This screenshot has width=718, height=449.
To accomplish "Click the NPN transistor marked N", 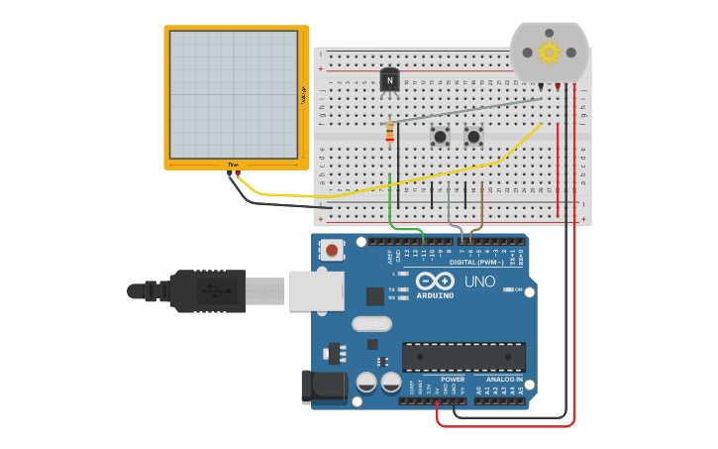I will [x=390, y=79].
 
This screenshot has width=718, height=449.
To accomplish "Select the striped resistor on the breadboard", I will [x=389, y=132].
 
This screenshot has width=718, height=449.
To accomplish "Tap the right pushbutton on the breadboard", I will [x=474, y=136].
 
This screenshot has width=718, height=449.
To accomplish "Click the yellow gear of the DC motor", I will [x=549, y=52].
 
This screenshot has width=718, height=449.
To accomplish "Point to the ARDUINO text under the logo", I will [x=435, y=295].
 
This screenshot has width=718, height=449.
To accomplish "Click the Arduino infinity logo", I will [x=435, y=281].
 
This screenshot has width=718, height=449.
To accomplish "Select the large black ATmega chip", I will [x=463, y=357].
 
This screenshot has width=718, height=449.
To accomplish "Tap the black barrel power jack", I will [x=323, y=387].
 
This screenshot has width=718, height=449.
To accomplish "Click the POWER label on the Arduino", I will [x=453, y=379].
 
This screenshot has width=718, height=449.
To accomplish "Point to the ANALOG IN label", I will [x=504, y=379].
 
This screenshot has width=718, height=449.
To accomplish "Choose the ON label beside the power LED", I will [x=518, y=289].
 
